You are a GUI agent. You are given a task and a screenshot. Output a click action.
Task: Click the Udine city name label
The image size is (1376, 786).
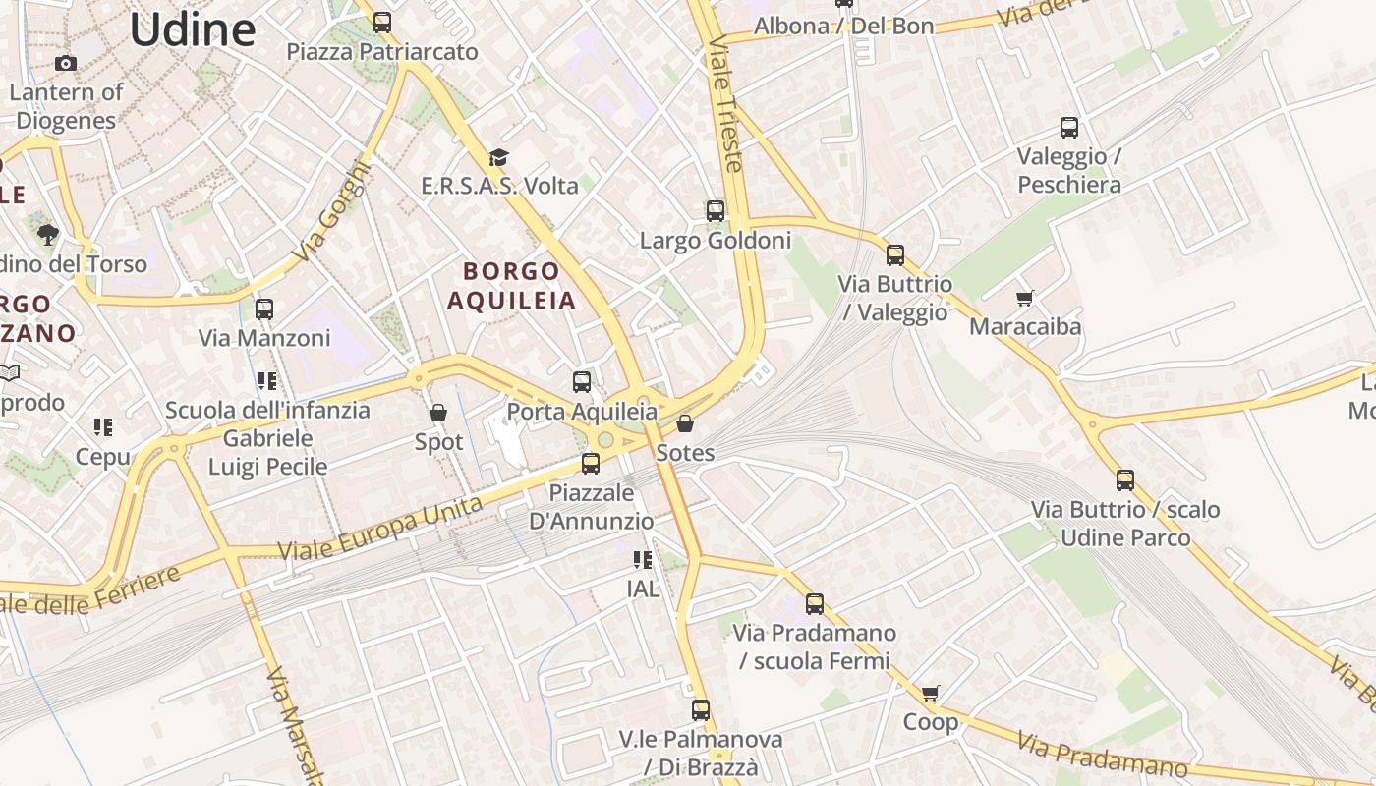(x=193, y=29)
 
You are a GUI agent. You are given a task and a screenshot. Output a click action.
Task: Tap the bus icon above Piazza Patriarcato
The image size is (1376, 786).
(x=382, y=22)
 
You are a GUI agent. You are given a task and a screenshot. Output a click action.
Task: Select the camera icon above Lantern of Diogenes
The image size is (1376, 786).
(x=66, y=64)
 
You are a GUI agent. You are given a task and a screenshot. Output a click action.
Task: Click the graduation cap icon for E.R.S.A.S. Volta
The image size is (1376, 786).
(x=499, y=157)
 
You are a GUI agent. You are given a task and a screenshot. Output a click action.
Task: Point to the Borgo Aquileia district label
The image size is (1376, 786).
(x=511, y=285)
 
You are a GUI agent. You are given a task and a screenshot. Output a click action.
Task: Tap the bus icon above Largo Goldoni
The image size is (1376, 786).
(x=716, y=210)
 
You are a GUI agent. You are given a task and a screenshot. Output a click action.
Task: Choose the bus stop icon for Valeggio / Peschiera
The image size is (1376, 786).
(x=1069, y=127)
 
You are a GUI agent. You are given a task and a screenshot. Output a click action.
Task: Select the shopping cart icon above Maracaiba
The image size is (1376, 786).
(x=1025, y=297)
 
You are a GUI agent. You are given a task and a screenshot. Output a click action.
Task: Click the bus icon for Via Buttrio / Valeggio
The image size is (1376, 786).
(x=895, y=255)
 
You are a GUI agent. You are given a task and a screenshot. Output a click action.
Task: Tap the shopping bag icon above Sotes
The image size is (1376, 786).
(x=685, y=423)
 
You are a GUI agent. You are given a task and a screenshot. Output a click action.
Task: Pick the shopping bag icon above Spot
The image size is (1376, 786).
(x=438, y=413)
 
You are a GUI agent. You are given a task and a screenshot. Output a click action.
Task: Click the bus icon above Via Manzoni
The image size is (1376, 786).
(x=264, y=309)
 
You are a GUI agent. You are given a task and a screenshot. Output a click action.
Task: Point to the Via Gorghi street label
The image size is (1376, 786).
(x=333, y=211)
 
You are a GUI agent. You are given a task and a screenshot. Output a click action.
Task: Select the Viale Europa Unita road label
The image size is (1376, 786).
(x=380, y=530)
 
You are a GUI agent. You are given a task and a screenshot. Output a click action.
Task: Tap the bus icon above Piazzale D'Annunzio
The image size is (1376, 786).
(x=591, y=463)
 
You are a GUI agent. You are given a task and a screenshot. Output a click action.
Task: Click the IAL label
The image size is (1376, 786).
(x=643, y=589)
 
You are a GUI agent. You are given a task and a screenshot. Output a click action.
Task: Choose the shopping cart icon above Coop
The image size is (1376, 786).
(x=931, y=693)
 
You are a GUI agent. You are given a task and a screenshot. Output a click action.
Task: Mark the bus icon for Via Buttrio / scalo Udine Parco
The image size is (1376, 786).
(x=1125, y=480)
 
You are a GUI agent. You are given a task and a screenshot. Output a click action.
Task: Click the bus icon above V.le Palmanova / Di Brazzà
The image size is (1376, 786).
(x=701, y=709)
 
